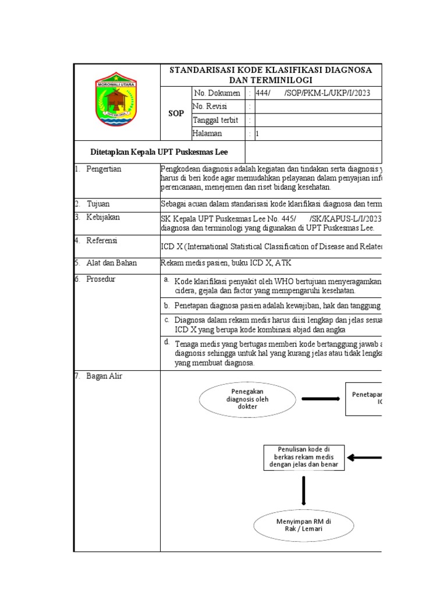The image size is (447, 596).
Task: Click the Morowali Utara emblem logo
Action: (116, 101)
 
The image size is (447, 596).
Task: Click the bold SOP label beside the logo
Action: (176, 113)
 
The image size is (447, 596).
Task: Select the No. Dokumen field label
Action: (217, 93)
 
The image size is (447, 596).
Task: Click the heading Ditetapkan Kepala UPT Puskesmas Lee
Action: (159, 152)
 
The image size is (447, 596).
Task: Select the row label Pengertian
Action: (104, 169)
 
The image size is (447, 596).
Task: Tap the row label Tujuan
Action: (98, 204)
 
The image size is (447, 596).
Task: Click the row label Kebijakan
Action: (102, 217)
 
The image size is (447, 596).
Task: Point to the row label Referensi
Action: (102, 240)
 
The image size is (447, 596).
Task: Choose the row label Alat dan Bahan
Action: (111, 262)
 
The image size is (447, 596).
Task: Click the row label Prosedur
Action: (101, 279)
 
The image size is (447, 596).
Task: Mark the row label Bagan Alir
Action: (104, 376)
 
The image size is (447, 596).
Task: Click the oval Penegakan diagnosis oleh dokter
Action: (247, 399)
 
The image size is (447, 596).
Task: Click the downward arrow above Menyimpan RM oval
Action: (303, 490)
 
